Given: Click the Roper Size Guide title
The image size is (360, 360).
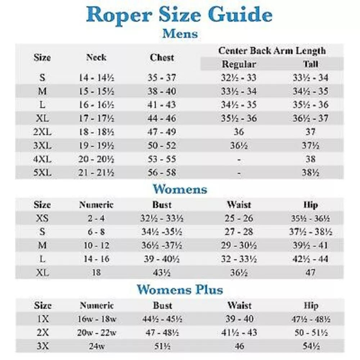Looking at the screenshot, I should (x=180, y=15).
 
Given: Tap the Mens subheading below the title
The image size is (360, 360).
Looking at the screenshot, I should (x=180, y=34).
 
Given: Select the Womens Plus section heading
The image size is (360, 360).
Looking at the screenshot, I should (x=180, y=289).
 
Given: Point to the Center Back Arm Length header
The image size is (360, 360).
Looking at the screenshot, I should (x=272, y=51).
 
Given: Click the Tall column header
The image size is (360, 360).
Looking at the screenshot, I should (x=310, y=64).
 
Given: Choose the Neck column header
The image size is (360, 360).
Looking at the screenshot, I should (x=96, y=57).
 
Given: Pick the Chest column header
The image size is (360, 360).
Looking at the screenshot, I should (x=162, y=57).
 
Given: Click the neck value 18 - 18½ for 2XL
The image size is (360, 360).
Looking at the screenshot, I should (x=96, y=132).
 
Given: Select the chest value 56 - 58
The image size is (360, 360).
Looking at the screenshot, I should (x=162, y=172).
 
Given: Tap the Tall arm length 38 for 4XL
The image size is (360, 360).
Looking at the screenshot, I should (x=310, y=159).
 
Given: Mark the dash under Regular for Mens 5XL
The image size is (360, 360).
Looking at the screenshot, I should (x=239, y=173).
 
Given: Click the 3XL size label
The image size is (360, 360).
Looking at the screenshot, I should (x=42, y=145).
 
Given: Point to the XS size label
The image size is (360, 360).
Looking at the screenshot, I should (x=42, y=218).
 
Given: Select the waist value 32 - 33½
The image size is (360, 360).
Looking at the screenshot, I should (x=239, y=259).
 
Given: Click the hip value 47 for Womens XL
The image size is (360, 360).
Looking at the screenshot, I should (x=310, y=273).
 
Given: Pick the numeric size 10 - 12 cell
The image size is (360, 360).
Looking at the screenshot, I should (x=96, y=246).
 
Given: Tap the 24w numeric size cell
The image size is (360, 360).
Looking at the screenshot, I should (x=96, y=346).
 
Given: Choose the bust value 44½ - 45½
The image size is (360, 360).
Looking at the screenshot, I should (x=162, y=319).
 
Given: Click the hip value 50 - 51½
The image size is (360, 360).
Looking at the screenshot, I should (x=310, y=332).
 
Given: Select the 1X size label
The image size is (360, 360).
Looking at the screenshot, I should (x=42, y=319).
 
